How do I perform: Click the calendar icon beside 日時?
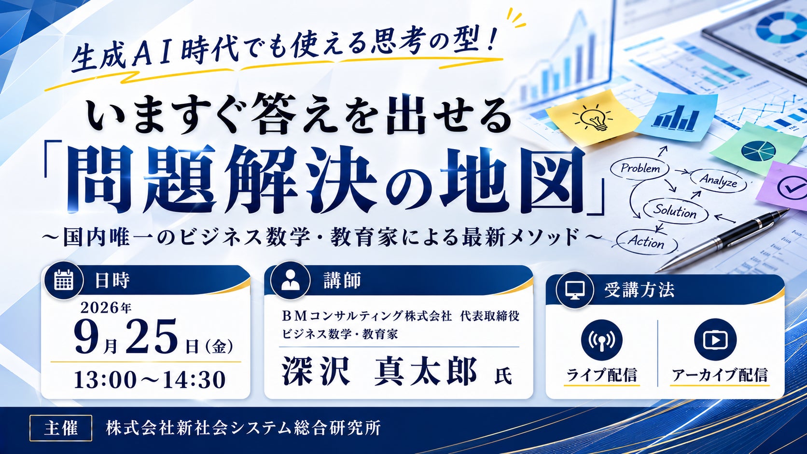(64, 280)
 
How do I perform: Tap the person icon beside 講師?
(291, 280)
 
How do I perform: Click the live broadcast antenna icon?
(602, 340)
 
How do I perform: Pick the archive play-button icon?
(715, 340)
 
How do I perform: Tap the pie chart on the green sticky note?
(758, 151)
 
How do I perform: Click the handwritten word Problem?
(640, 168)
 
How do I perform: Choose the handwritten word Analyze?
(718, 180)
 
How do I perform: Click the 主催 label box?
(60, 428)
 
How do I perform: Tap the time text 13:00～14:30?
(150, 380)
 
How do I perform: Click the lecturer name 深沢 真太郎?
(379, 371)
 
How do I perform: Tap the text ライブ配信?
(602, 375)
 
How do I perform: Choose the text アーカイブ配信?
(720, 375)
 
